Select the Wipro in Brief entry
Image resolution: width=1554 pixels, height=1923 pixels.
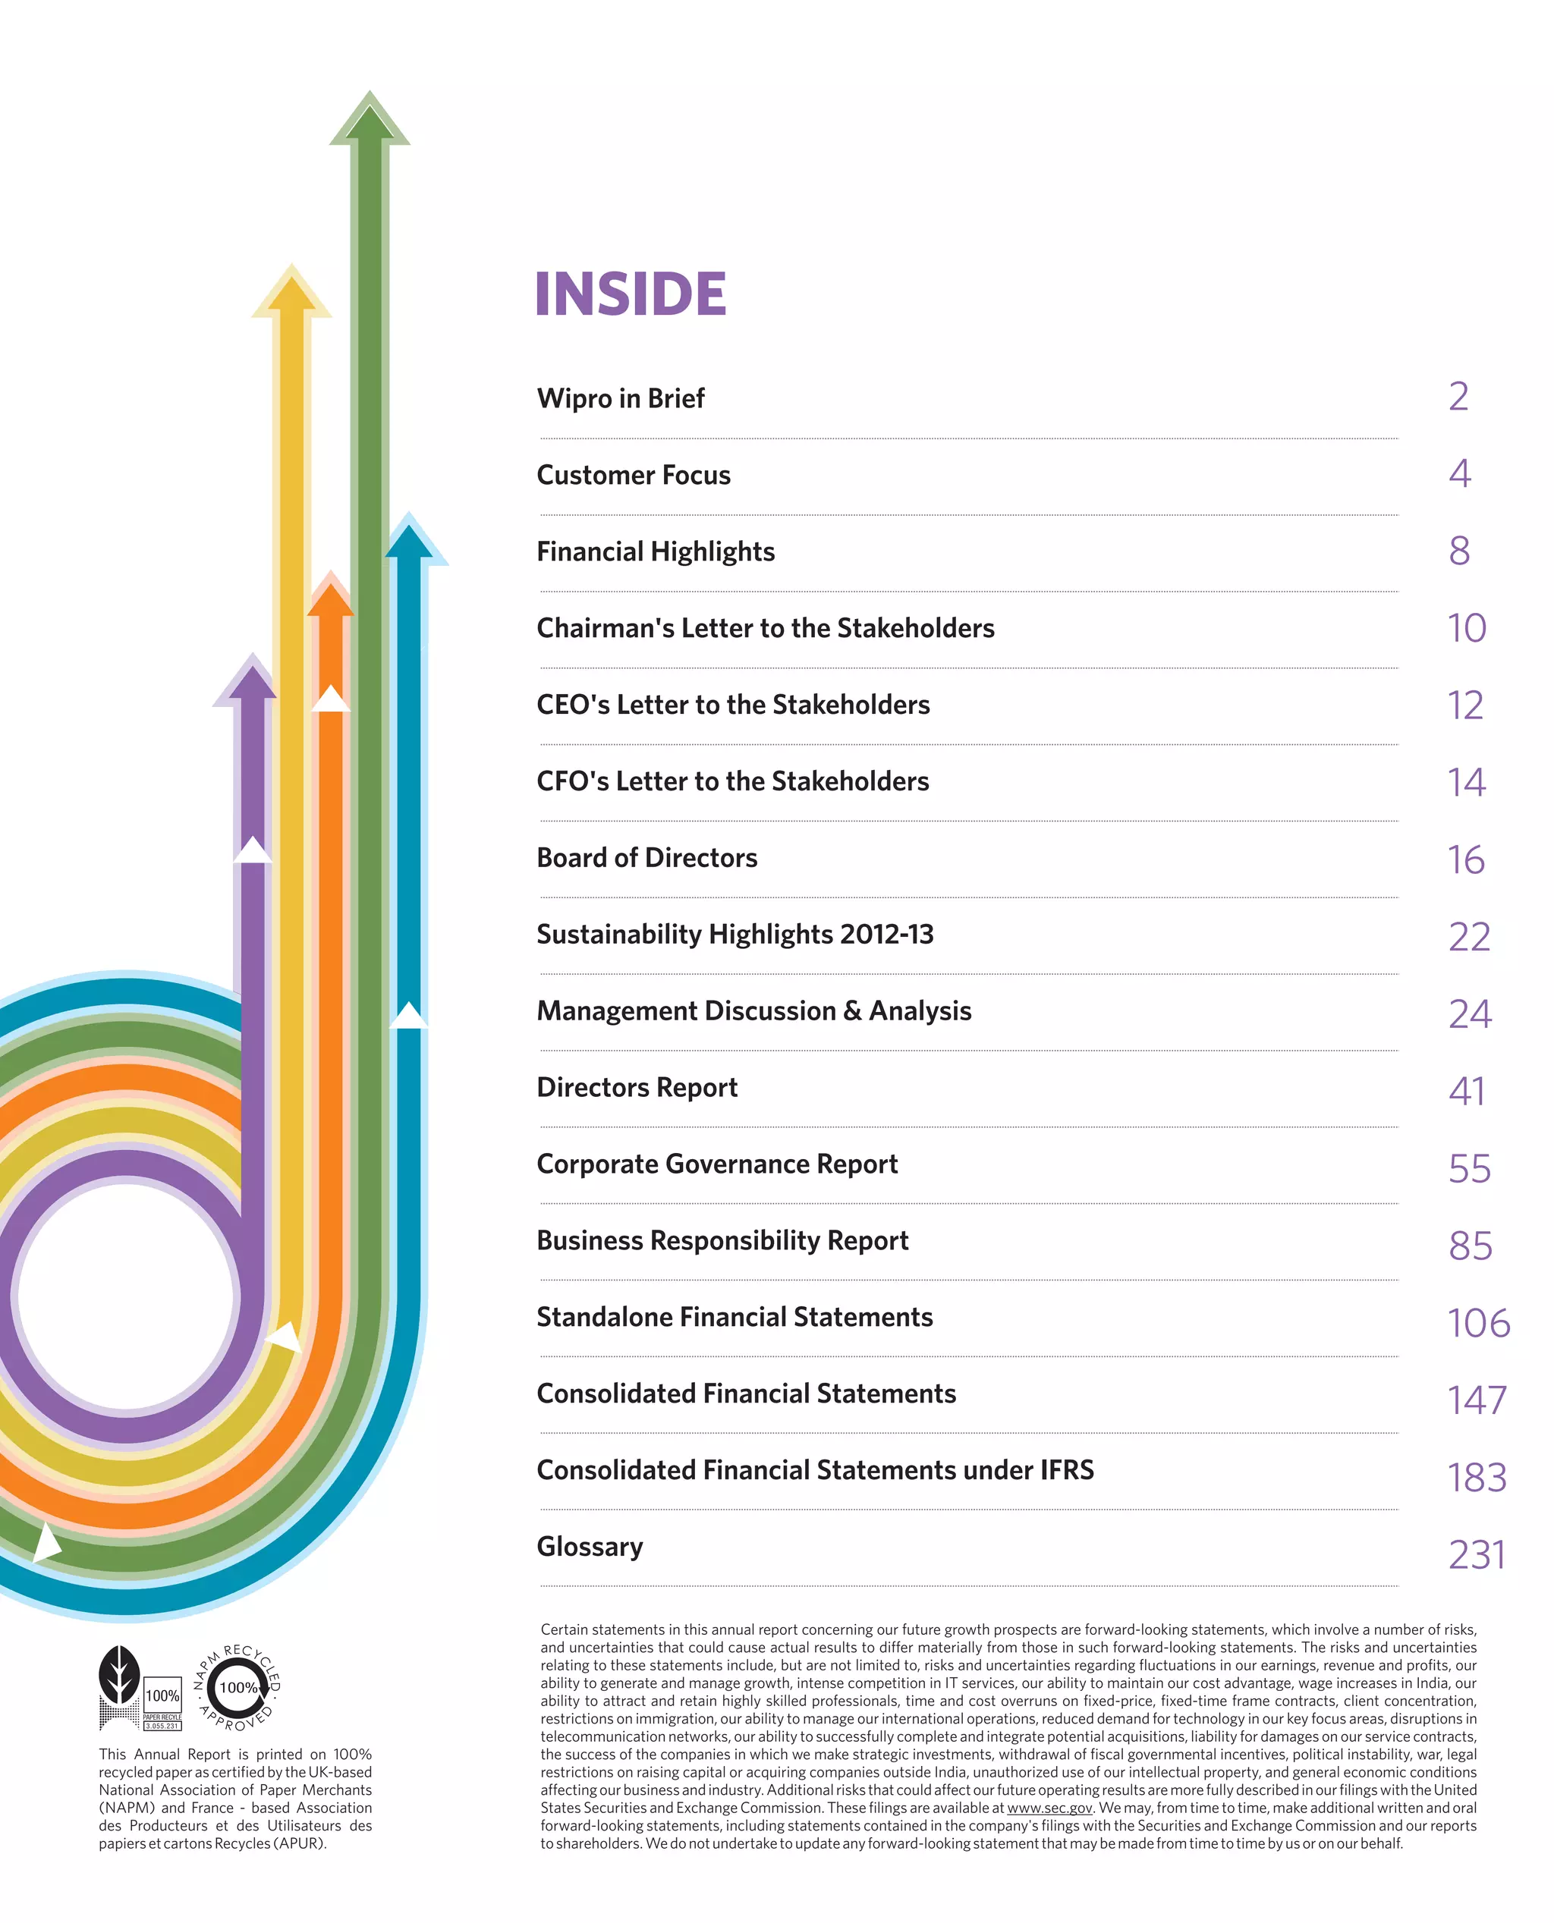point(621,398)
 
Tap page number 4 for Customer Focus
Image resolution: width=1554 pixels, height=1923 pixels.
point(1459,474)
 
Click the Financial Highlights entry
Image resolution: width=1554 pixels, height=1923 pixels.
point(656,551)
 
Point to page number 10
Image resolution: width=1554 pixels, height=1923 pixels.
point(1466,628)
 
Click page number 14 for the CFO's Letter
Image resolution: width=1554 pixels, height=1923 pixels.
point(1466,782)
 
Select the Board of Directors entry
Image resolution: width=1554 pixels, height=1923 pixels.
point(646,858)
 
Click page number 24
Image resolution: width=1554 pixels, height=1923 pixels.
point(1469,1014)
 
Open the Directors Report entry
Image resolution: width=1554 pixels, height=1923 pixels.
point(637,1087)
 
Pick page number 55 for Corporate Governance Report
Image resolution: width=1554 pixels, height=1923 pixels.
point(1469,1169)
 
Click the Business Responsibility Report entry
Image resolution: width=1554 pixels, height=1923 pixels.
point(722,1240)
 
